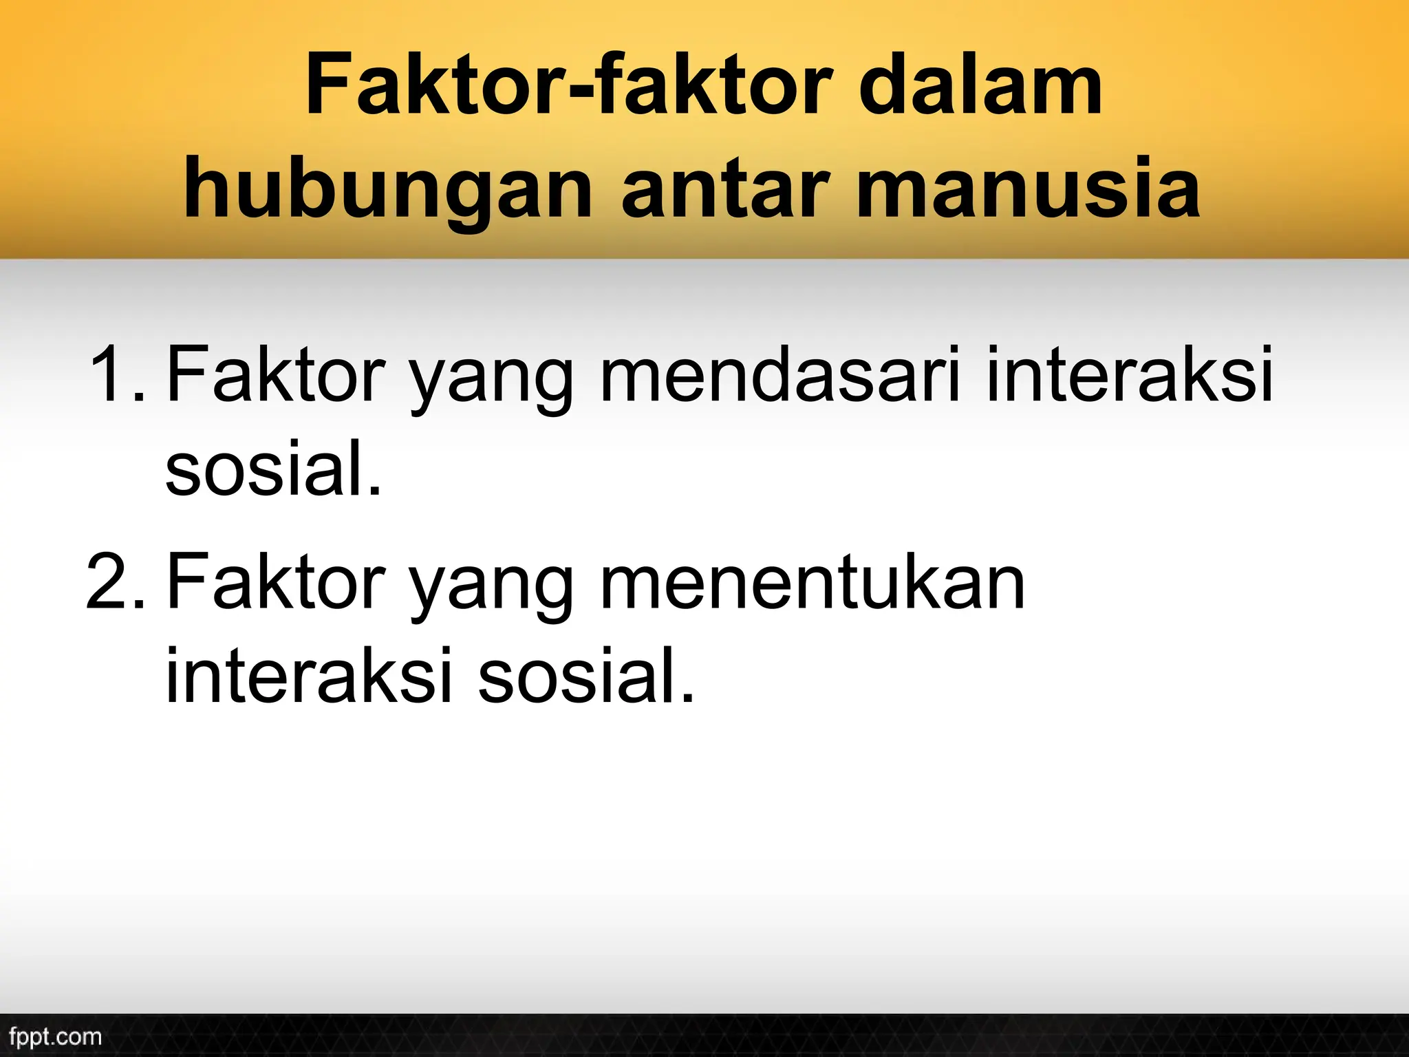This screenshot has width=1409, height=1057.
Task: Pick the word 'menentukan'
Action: click(812, 584)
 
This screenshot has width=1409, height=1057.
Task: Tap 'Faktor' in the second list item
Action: click(272, 584)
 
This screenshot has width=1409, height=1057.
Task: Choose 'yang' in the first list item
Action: click(491, 382)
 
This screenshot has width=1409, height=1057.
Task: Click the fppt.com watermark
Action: click(56, 1036)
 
